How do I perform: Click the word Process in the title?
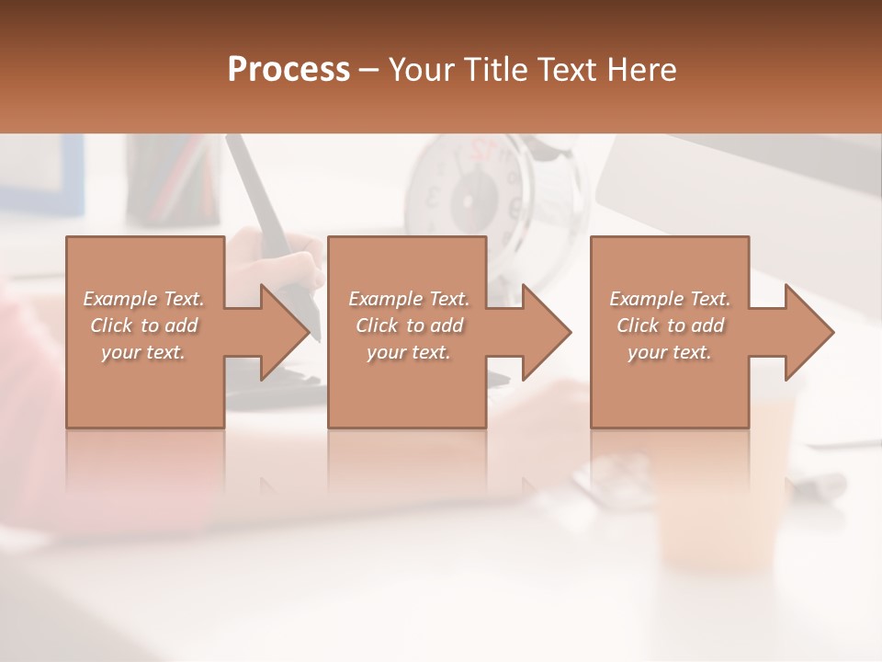point(288,70)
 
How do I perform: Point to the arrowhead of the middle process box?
point(546,332)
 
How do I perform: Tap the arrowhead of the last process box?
point(808,332)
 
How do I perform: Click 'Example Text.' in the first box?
point(143,299)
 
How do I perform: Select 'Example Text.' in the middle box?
point(409,299)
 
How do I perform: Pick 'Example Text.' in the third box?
point(670,299)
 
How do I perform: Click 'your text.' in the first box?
point(143,352)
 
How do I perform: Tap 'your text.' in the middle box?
point(409,352)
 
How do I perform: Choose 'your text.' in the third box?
point(670,352)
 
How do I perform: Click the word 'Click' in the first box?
point(110,325)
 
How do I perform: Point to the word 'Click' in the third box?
point(638,325)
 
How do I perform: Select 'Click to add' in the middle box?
point(409,325)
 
